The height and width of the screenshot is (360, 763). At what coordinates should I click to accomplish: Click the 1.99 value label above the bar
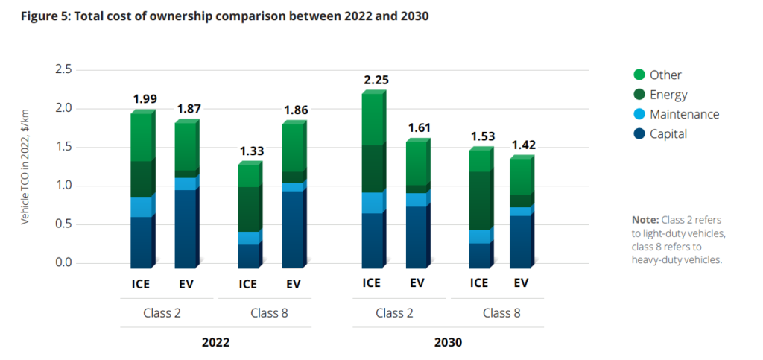point(145,99)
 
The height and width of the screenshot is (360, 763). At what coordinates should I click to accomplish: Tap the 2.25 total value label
point(376,80)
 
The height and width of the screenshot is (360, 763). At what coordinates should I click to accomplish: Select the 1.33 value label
point(250,151)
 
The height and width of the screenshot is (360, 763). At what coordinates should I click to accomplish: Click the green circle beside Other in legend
point(638,75)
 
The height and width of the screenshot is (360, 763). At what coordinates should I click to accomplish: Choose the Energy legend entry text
point(668,95)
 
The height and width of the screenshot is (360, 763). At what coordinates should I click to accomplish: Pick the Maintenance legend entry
point(684,114)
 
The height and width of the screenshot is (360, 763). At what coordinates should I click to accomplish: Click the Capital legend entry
point(668,134)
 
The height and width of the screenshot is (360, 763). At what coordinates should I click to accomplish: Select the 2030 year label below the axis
point(447,343)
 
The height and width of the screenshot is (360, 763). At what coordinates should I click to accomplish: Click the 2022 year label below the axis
point(215,343)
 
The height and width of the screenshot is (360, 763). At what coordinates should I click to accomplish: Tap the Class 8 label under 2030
point(501,312)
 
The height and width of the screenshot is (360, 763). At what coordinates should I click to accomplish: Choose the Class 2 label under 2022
point(162,312)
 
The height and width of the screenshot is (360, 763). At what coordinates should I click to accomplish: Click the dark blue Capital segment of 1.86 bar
point(293,227)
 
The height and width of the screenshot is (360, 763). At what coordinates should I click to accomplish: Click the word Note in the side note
point(645,220)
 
